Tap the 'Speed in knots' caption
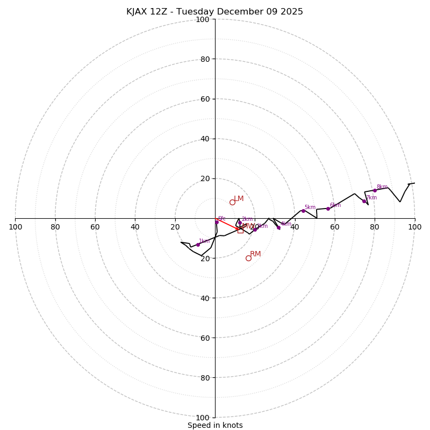[215, 425]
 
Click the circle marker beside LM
[232, 203]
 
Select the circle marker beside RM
[248, 259]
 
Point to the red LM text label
[239, 199]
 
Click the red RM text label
[255, 254]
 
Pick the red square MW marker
[240, 230]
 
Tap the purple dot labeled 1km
[198, 245]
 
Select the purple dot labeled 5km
[303, 211]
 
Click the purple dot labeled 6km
[328, 209]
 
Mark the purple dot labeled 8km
[375, 190]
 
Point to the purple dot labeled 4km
[278, 227]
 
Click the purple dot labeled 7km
[364, 201]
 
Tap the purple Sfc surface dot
[217, 222]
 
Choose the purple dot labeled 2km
[240, 223]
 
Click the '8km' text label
[382, 187]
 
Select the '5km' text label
[310, 207]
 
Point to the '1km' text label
[204, 241]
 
